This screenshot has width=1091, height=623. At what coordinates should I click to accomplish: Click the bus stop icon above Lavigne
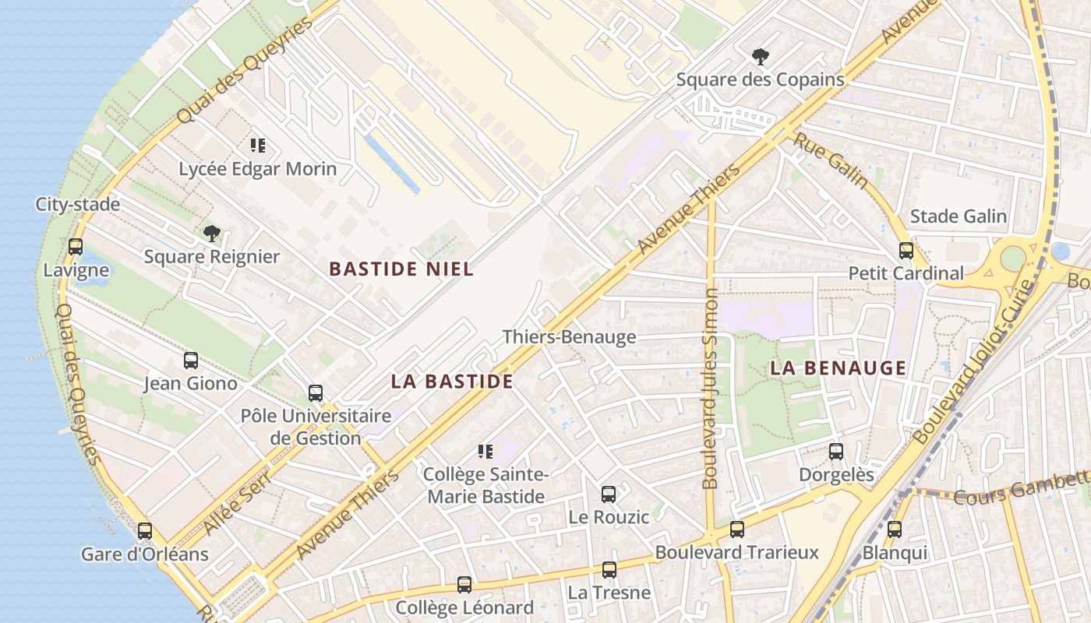(76, 247)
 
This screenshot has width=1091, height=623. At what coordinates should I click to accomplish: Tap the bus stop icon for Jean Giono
(191, 360)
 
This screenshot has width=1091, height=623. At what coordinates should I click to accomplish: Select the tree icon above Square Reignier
(211, 233)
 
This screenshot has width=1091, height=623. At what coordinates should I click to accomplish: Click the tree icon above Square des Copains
(760, 56)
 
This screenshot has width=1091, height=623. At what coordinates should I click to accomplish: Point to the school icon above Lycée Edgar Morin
(258, 145)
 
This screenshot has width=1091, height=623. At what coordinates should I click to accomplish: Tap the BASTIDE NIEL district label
(401, 269)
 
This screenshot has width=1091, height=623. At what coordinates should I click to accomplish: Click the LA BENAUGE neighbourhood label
(839, 368)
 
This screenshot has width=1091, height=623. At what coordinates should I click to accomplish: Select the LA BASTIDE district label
(452, 382)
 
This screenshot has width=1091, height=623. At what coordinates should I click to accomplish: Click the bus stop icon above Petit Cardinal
(906, 250)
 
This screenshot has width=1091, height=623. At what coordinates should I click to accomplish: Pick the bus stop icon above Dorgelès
(836, 451)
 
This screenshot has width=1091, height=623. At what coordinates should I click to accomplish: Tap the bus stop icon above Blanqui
(895, 530)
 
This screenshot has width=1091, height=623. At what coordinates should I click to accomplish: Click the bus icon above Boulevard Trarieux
(736, 530)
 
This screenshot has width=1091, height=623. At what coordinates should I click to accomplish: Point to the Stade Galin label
(959, 216)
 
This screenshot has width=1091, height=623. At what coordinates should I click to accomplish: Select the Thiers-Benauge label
(569, 337)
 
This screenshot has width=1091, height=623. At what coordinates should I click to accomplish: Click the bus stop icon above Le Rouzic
(609, 494)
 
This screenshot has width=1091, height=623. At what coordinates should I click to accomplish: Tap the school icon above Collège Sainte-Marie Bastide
(485, 451)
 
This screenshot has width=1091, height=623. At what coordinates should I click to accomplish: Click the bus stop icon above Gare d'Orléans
(145, 531)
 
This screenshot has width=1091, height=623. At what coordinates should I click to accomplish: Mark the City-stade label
(78, 205)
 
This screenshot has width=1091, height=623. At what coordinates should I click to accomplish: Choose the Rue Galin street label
(831, 160)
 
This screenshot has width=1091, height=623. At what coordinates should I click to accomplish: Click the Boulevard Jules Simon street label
(711, 389)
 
